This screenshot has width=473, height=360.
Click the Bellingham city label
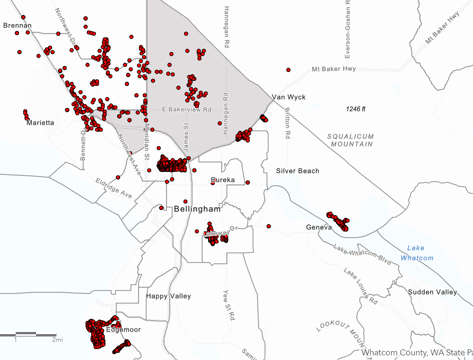[198, 209]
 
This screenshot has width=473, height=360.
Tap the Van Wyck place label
[289, 97]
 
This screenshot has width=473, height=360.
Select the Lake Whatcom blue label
[417, 253]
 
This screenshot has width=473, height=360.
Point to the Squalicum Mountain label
[350, 140]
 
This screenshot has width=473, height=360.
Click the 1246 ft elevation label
[355, 109]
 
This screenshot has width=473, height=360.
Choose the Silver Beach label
[298, 171]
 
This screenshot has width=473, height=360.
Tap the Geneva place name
[319, 228]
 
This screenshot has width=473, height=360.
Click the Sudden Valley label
[432, 292]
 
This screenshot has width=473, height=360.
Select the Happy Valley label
[168, 296]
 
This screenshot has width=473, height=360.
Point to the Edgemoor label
[123, 330]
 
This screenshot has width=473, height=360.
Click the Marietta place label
[40, 123]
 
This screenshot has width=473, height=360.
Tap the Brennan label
[17, 25]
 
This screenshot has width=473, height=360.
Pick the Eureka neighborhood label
[223, 180]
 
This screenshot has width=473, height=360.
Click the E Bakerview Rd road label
[186, 110]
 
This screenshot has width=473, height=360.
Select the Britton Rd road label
[287, 123]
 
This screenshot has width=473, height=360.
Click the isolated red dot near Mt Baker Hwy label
[288, 70]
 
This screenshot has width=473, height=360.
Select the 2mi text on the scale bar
[58, 340]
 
